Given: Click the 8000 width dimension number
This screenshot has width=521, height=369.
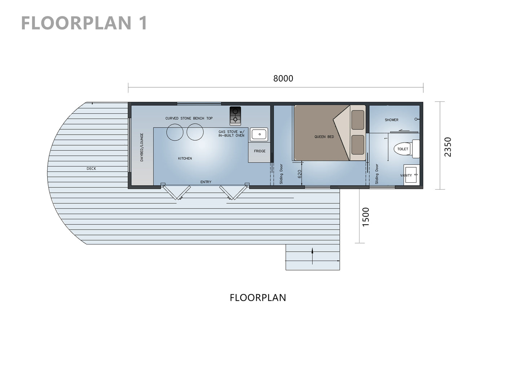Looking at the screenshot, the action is (283, 78).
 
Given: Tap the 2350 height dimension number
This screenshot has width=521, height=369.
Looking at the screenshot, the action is (448, 147).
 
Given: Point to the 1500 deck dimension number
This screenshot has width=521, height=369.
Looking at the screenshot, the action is (366, 217).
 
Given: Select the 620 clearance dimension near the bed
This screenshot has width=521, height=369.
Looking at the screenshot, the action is (299, 174).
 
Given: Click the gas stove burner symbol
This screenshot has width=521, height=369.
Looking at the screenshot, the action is (235, 116).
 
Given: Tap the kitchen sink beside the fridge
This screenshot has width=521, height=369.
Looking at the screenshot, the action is (259, 134).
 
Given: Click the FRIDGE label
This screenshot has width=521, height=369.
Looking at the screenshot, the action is (260, 151).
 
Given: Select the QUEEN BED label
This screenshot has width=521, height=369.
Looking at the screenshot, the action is (324, 137).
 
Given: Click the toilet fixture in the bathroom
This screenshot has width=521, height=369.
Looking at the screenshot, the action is (407, 149).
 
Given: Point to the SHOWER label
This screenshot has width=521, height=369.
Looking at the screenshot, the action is (392, 120).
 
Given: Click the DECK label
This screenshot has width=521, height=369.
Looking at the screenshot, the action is (91, 168).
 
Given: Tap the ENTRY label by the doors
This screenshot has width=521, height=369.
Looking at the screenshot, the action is (206, 182).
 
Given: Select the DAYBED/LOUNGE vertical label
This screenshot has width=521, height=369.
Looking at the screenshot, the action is (142, 147).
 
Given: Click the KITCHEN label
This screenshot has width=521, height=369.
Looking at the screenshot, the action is (185, 159).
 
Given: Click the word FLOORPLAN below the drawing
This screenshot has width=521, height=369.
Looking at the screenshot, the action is (258, 298).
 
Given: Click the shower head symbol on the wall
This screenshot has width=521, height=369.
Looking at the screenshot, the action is (417, 119).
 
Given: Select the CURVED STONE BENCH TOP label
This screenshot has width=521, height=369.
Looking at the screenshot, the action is (189, 118).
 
